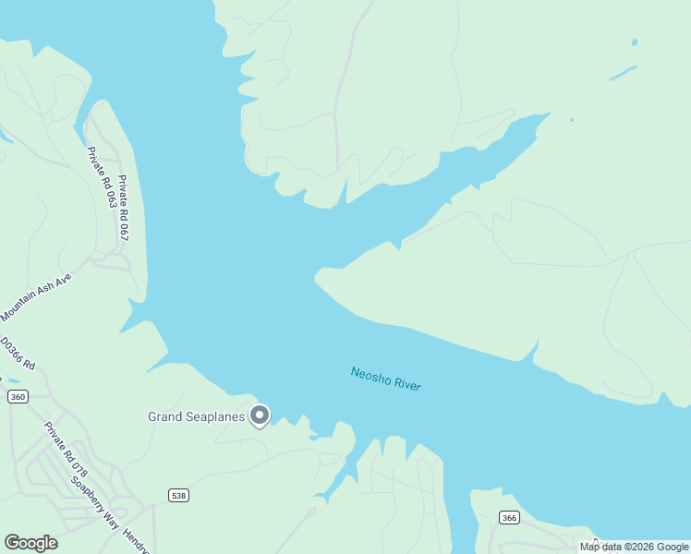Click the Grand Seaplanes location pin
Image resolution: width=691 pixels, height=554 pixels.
coord(260,415)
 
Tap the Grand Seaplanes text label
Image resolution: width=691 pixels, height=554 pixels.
coord(196,416)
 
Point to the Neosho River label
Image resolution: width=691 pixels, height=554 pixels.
coord(385,379)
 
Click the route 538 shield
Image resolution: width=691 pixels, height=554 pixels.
coord(179,496)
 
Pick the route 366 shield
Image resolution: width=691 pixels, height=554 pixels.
coord(509,517)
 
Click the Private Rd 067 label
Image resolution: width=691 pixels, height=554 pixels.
coord(123,208)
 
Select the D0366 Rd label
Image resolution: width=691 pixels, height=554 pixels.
coord(17,353)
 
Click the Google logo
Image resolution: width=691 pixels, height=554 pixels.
coord(30,542)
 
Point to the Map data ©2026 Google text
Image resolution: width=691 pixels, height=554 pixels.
coord(634,548)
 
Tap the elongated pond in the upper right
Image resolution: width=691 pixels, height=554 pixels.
coord(623,73)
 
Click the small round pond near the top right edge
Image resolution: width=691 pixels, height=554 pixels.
coord(635,42)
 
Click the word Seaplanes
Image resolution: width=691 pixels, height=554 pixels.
coord(219,416)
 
